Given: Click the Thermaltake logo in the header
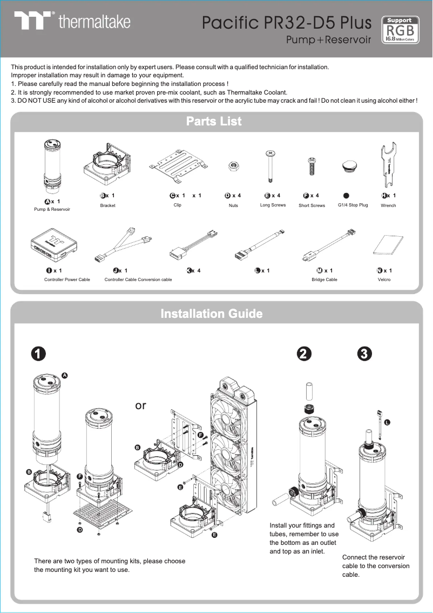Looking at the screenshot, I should pos(72,22).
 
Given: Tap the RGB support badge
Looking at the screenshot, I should pos(400,29).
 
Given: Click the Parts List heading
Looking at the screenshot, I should pos(214,121).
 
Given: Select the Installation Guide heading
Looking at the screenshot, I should pos(212,314).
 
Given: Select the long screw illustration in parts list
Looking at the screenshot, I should pos(269,166).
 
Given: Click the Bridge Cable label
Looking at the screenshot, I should pos(324,279).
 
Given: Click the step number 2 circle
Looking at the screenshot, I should pos(304,354).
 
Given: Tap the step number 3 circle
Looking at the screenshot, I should pos(364,354).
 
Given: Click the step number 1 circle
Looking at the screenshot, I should pos(37,354).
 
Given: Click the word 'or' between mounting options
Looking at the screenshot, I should pos(140,405).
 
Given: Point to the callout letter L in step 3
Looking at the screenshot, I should pos(387,422).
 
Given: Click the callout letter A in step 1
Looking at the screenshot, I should pos(65,375).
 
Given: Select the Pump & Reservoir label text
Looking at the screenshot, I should pos(52,209).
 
